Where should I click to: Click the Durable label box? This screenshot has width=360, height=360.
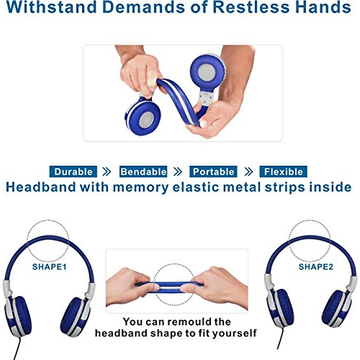point(73,172)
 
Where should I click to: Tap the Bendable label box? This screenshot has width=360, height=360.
point(143,172)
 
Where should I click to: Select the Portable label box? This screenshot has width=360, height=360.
point(213,172)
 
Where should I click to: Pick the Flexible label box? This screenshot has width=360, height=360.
point(283,172)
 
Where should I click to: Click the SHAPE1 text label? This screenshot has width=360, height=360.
point(49,267)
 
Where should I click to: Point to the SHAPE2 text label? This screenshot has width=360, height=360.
point(316,267)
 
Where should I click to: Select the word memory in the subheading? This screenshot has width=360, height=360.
point(141,187)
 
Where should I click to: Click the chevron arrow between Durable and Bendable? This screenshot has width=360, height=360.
point(106,172)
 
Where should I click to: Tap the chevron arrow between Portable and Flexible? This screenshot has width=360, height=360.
point(248,172)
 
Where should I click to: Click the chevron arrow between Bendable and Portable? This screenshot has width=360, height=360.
point(178,172)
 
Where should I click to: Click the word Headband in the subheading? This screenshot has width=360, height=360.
point(41,187)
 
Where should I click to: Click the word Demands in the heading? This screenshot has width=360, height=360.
point(143,7)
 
